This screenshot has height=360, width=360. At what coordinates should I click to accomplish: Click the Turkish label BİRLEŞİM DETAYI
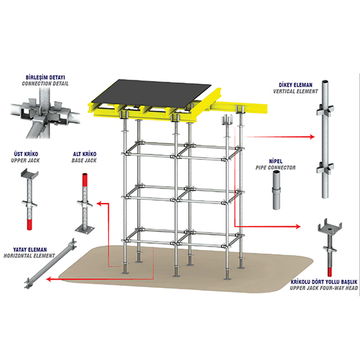pyautogui.click(x=45, y=77)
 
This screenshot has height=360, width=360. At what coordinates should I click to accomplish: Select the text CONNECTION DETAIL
pyautogui.click(x=45, y=84)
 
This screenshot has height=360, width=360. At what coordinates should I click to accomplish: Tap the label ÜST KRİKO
pyautogui.click(x=26, y=154)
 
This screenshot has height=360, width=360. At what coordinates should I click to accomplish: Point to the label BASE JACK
pyautogui.click(x=84, y=161)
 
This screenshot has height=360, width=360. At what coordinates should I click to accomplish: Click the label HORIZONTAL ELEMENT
pyautogui.click(x=29, y=255)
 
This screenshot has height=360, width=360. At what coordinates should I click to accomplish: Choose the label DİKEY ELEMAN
pyautogui.click(x=296, y=85)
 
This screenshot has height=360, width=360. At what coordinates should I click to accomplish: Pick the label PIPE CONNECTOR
pyautogui.click(x=276, y=168)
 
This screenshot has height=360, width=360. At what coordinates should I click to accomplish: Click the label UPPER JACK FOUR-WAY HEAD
pyautogui.click(x=324, y=288)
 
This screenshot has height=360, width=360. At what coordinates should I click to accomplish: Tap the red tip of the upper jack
pyautogui.click(x=29, y=225)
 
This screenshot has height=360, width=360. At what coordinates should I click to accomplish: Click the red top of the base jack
pyautogui.click(x=85, y=179)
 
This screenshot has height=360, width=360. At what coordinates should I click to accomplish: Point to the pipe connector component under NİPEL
pyautogui.click(x=276, y=190)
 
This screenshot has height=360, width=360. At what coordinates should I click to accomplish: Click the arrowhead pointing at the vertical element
pyautogui.click(x=312, y=137)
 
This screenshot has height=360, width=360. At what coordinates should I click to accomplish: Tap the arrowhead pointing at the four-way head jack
pyautogui.click(x=298, y=226)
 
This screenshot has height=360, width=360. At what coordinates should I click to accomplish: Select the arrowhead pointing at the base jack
pyautogui.click(x=99, y=204)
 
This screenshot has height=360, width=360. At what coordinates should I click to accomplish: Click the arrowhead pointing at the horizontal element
pyautogui.click(x=48, y=280)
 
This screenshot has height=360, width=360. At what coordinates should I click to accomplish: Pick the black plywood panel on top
pyautogui.click(x=152, y=94)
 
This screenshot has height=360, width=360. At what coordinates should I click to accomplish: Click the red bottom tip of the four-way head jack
pyautogui.click(x=330, y=271)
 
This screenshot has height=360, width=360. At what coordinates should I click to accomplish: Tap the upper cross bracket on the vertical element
pyautogui.click(x=325, y=109)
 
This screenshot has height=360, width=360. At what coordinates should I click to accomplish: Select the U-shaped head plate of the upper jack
pyautogui.click(x=30, y=174)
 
